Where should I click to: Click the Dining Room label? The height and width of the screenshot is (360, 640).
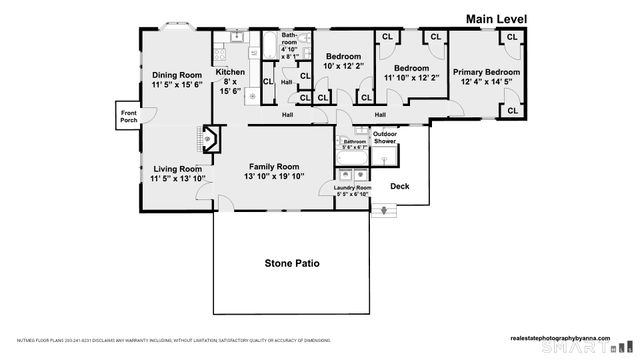tap(177, 75)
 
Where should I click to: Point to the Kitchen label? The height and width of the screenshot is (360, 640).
tap(230, 72)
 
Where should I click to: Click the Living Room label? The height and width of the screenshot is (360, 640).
tap(176, 169)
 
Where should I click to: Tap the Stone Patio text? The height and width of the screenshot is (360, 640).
tap(292, 264)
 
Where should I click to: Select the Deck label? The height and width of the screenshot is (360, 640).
tap(400, 186)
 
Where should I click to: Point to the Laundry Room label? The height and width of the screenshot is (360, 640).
tap(353, 188)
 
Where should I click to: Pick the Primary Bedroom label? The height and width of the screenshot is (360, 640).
tap(486, 72)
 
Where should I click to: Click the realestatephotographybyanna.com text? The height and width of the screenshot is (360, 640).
tap(566, 339)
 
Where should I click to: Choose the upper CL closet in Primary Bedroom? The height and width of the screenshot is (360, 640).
tap(511, 37)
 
